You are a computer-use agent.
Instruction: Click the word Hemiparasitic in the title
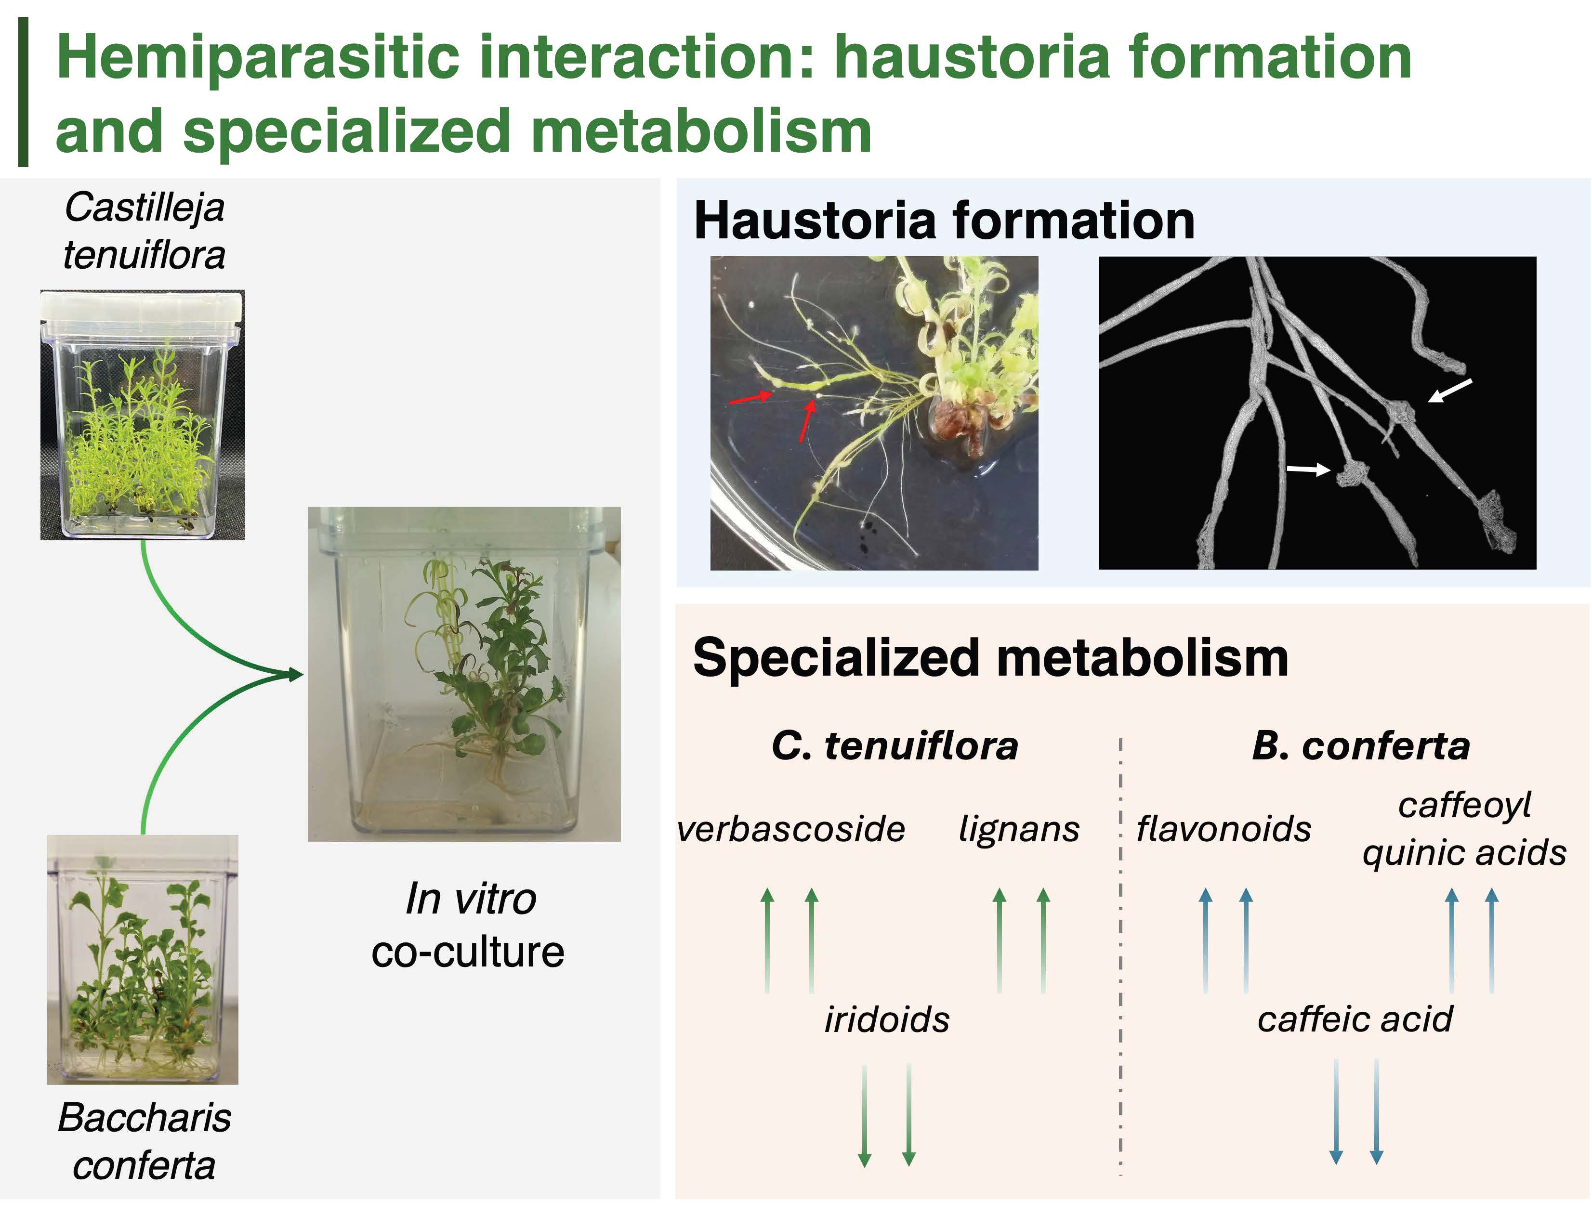(258, 58)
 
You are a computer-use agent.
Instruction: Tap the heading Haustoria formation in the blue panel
(944, 221)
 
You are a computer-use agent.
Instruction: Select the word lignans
(1019, 830)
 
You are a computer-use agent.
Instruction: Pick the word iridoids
(887, 1019)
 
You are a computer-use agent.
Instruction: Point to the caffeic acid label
(1355, 1019)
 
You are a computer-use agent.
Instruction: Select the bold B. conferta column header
(1361, 746)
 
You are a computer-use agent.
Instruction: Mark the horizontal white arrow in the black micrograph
(1308, 470)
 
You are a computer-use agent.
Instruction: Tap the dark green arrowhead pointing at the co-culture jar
(295, 675)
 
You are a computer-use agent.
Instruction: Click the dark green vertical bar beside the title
(23, 92)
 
